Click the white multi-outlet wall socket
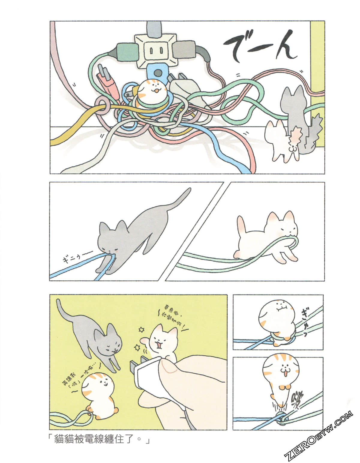click(154, 49)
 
